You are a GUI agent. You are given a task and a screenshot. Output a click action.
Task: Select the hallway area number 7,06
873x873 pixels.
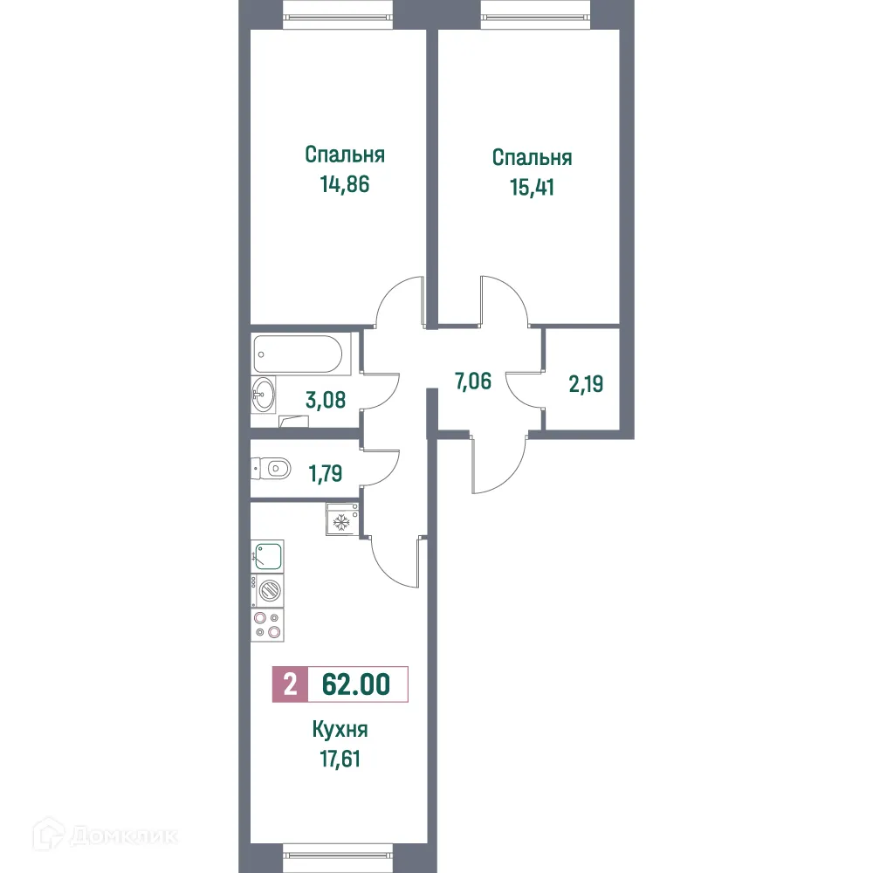[473, 381]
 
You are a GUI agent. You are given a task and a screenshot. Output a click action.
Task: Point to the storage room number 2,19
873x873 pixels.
[587, 385]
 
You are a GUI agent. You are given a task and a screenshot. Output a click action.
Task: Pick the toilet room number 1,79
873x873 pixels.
[324, 473]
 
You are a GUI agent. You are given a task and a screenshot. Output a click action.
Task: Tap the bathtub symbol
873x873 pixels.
[301, 353]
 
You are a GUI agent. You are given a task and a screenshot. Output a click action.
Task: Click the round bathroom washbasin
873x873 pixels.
[264, 395]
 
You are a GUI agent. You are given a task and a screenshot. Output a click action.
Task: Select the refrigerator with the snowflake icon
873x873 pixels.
[343, 521]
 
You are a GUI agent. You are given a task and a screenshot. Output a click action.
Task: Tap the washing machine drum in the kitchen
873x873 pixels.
[270, 590]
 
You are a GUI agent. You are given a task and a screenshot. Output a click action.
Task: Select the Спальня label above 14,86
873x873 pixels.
[345, 155]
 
